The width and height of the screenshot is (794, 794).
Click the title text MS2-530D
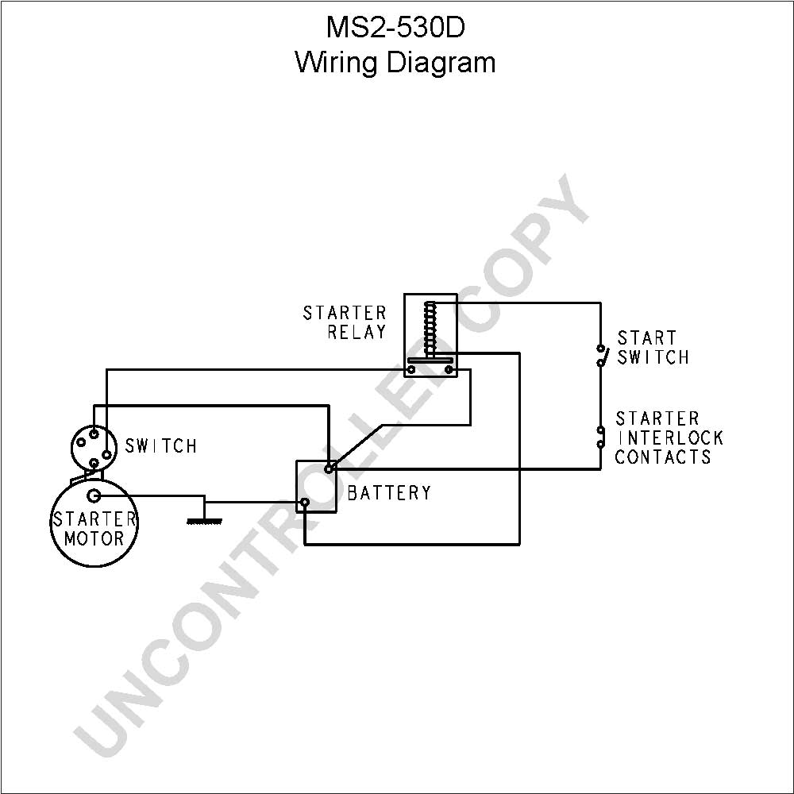tap(395, 27)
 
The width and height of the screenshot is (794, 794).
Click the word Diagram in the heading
tap(441, 64)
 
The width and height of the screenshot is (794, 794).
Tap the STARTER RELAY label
tap(345, 322)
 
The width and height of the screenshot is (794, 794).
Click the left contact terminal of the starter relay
tap(411, 370)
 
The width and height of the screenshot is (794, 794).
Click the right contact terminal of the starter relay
tap(449, 370)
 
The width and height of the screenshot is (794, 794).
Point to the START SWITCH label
tap(653, 348)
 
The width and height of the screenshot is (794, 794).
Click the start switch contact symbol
tap(601, 356)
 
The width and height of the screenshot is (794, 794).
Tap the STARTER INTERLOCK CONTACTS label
tap(669, 438)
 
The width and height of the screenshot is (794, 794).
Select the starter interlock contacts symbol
tap(600, 437)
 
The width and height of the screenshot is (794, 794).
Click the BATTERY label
tap(389, 493)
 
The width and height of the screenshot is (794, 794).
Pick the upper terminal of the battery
tap(329, 469)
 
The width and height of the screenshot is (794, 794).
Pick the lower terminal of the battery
tap(304, 503)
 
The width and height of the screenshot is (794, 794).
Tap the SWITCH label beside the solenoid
tap(161, 446)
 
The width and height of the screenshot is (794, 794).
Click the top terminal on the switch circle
tap(94, 434)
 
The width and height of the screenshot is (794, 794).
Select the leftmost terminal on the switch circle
tap(81, 442)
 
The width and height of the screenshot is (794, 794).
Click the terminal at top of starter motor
tap(94, 495)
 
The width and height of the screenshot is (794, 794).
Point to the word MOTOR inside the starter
tap(94, 538)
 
